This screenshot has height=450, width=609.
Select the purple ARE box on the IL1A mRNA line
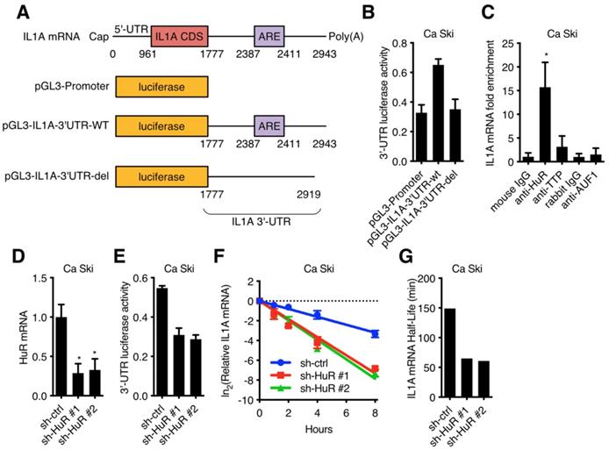269,36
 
